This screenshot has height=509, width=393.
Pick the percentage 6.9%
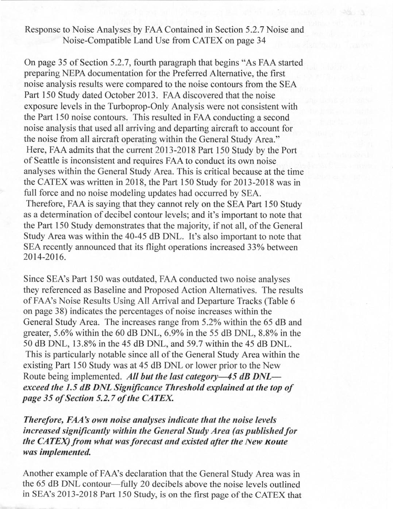pyautogui.click(x=193, y=333)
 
